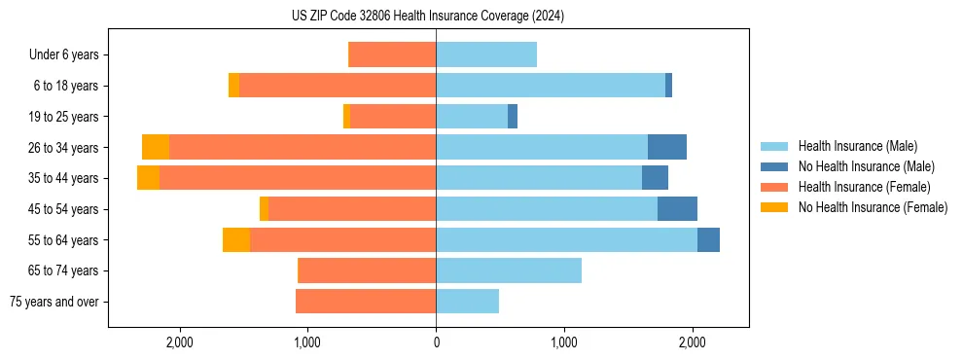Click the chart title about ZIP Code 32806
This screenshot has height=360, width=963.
click(x=428, y=17)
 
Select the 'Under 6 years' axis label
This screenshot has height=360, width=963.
click(x=63, y=55)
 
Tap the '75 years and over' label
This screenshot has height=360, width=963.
click(x=53, y=302)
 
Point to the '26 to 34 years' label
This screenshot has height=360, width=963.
click(x=62, y=148)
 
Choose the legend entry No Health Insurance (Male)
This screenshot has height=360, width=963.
click(x=866, y=166)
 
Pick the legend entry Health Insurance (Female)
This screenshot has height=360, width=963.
click(x=864, y=187)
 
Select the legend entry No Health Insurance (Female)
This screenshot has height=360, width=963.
click(x=873, y=207)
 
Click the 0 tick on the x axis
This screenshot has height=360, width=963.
click(x=436, y=342)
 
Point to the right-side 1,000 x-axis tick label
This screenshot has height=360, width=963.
click(x=564, y=342)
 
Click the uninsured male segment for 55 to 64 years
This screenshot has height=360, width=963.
click(x=708, y=239)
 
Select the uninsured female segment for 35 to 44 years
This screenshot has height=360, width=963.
click(x=148, y=178)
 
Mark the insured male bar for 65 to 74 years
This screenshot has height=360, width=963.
click(x=509, y=270)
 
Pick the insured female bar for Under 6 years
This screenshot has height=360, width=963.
click(x=392, y=55)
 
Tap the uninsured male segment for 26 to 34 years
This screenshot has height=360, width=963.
click(x=667, y=147)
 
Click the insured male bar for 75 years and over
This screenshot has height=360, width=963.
click(x=467, y=302)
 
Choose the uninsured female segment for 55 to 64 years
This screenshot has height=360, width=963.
click(x=236, y=239)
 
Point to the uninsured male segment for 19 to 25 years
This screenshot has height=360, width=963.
click(x=513, y=117)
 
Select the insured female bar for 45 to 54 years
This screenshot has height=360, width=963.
click(x=352, y=209)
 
